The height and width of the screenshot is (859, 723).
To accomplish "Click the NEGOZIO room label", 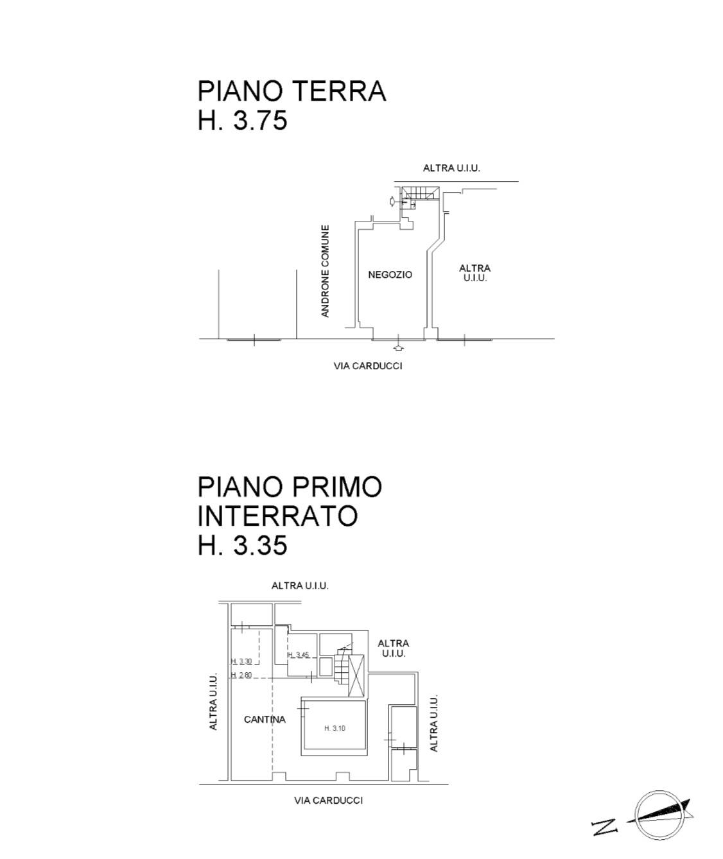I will [x=390, y=275].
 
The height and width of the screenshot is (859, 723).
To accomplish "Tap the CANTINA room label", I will [x=265, y=720].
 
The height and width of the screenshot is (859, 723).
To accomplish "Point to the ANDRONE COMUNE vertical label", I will [x=326, y=270].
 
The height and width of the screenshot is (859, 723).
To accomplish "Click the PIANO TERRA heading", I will [x=292, y=91].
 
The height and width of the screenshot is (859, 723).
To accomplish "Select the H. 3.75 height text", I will [x=243, y=120].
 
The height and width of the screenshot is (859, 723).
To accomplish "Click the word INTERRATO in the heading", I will [x=277, y=516].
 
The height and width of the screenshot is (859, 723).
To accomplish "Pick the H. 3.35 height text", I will [x=243, y=546].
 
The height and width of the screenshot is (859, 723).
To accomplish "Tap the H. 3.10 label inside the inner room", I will [x=335, y=728].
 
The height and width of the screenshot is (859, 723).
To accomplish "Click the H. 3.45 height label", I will [x=299, y=655].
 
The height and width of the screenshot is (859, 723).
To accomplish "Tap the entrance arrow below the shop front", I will [x=399, y=348].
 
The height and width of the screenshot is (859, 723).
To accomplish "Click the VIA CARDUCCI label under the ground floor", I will [x=368, y=366].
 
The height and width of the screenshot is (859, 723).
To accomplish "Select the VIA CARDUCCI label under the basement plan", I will [x=328, y=801].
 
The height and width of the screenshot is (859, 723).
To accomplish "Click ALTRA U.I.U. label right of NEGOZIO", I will [x=475, y=273].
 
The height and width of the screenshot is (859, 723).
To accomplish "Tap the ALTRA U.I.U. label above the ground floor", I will [x=451, y=168].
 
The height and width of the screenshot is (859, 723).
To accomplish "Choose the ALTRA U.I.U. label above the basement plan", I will [x=300, y=586].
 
